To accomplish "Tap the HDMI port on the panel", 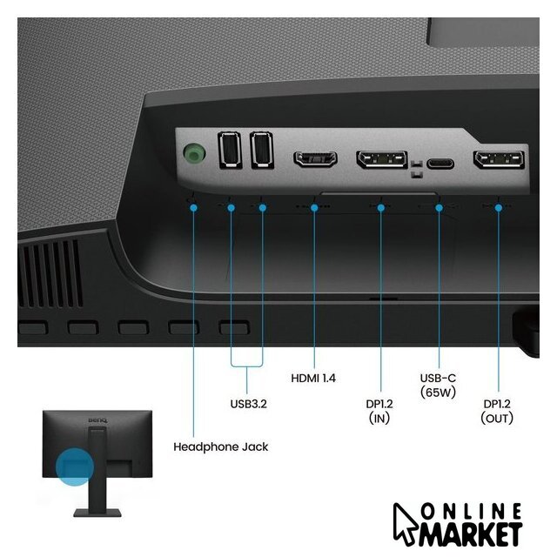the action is coord(315,158).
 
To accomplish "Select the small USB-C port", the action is coord(440,164).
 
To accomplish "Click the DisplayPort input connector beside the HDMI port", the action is coord(382,158).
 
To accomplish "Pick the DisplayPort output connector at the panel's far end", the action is coord(499,159).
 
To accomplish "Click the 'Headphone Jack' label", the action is coord(220,446).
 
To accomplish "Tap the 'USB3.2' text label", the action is coord(248,404).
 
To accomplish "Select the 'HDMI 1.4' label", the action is coord(313,378).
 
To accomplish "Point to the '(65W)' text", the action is coord(438,393).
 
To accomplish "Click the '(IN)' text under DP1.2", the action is coord(379,418).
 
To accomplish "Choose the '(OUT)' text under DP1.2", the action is coord(497,418).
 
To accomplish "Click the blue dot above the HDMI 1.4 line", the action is coord(314,208).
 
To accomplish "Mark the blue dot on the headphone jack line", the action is coord(193,208).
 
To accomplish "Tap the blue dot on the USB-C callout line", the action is coord(439,208).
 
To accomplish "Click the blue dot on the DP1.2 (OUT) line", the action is coord(499,208).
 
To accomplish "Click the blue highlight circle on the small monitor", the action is coord(75,466).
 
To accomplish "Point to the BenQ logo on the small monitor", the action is coord(97,420).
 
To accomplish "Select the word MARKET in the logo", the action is coord(471,534).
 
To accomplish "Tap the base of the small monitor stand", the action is coord(97,513).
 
